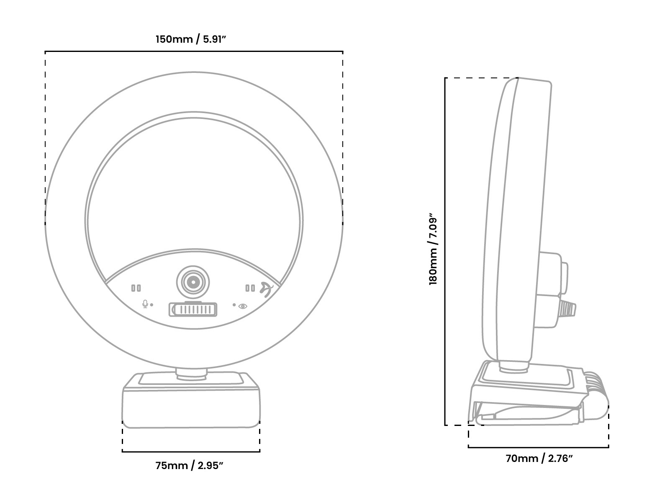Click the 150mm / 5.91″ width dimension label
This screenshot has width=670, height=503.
point(191,39)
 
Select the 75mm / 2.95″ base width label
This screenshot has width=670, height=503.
point(189,465)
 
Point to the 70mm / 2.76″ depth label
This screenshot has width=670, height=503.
point(539,459)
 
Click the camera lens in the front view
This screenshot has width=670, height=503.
point(193,282)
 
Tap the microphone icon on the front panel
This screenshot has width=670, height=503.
point(145,304)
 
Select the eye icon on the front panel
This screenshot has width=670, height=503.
point(243,306)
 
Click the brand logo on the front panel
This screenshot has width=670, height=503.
point(267,289)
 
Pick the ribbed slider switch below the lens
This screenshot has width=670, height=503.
point(193,310)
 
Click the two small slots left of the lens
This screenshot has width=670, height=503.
point(136,288)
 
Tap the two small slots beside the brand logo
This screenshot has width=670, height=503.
point(250,288)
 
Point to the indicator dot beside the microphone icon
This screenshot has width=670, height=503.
point(152,305)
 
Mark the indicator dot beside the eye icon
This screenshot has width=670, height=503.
point(234,305)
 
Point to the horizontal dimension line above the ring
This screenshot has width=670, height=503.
point(194,52)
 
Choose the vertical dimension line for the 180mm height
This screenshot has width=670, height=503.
point(445,251)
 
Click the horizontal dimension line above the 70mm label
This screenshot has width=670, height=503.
point(539,447)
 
